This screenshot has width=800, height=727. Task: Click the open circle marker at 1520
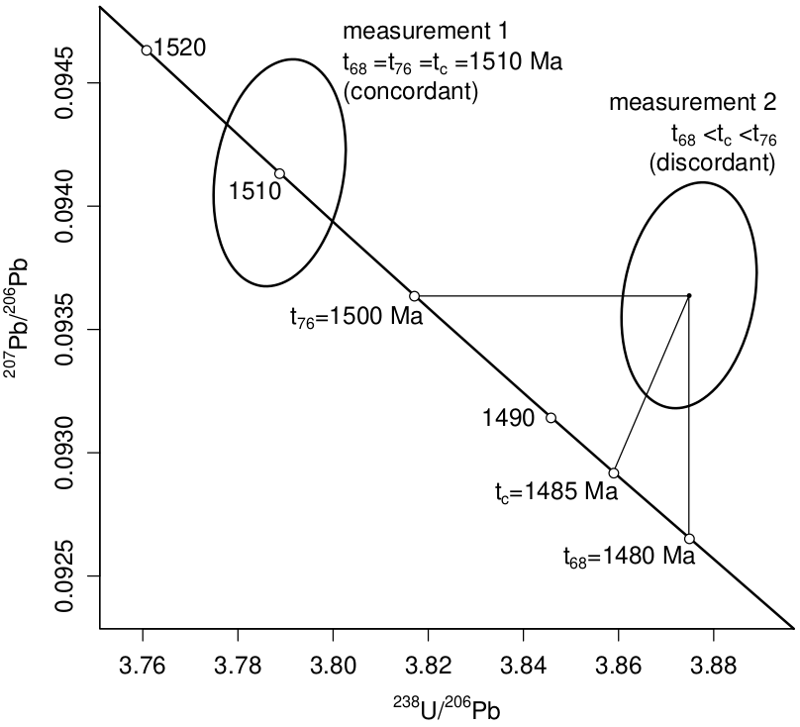pos(147,50)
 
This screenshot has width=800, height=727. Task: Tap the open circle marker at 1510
pos(280,173)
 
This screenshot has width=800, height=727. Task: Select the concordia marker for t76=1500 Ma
pos(414,296)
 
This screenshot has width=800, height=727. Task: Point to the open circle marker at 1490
pos(550,418)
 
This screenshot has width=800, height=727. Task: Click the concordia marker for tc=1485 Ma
pos(614,472)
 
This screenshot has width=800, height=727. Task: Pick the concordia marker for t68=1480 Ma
pos(689,539)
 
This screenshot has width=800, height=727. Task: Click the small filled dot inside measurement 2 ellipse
pos(689,295)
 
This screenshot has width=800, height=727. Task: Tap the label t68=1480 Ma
pos(628,556)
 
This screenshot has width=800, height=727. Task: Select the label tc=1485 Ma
pos(555,490)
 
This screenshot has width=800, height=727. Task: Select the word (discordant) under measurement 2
pos(711,162)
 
